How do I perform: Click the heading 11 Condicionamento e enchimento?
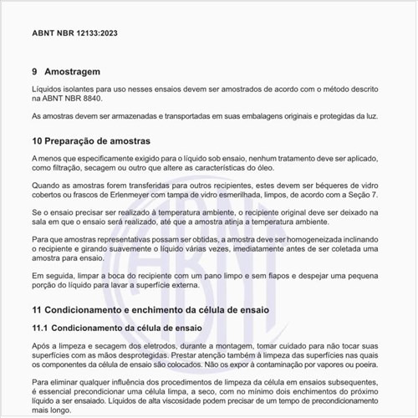(150, 309)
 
